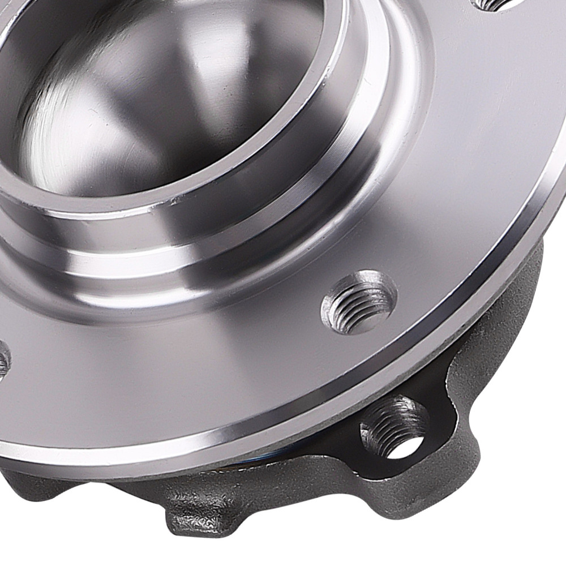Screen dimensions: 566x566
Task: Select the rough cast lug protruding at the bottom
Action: coord(198,509)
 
